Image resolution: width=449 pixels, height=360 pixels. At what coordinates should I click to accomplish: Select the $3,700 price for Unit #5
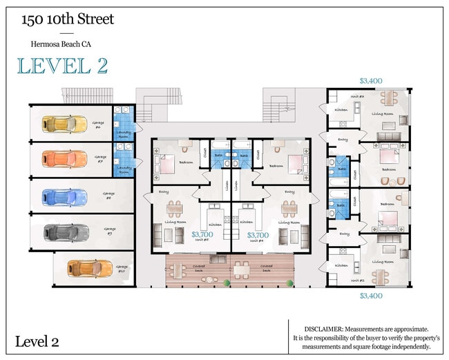(202, 235)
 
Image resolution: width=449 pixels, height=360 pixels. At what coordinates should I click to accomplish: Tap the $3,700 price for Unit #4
(258, 235)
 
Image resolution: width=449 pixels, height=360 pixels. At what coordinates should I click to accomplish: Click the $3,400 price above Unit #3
(371, 81)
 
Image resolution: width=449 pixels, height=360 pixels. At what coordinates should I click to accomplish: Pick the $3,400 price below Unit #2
(371, 295)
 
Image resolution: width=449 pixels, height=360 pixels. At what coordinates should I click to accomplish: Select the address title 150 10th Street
(67, 19)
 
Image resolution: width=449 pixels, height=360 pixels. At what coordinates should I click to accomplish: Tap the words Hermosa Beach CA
(60, 44)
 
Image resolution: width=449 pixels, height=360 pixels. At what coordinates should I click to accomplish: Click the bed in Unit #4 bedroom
(293, 164)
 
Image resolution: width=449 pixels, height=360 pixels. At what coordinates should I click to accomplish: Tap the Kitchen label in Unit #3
(341, 110)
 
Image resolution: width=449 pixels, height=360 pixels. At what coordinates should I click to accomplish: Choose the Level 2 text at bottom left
(37, 341)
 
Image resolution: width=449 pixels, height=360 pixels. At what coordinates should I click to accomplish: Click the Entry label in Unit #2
(343, 234)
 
